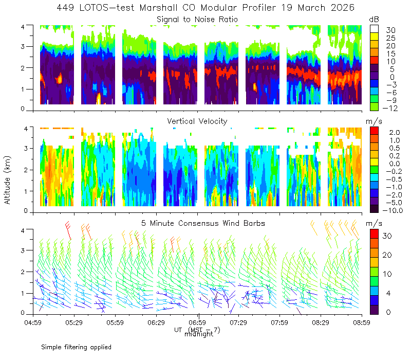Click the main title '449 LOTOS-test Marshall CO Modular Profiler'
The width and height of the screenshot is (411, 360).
(166, 8)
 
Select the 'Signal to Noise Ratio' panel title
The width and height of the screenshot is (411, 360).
(197, 20)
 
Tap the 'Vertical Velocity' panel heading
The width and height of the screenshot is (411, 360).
(197, 121)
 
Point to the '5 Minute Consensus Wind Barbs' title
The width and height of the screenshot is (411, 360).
(203, 223)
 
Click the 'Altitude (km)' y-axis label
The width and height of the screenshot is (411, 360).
(7, 180)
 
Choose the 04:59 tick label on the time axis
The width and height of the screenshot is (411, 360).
(33, 322)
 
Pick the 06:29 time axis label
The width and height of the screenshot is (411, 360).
(156, 322)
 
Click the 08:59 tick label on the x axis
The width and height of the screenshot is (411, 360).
(362, 322)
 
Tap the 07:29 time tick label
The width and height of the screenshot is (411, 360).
(238, 322)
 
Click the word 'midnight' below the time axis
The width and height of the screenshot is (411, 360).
(199, 334)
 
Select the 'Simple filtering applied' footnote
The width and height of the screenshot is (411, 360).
(76, 347)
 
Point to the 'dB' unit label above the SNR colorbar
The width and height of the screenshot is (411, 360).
(374, 20)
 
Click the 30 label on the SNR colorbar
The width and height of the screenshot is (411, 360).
(390, 30)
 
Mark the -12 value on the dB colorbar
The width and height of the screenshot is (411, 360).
(390, 108)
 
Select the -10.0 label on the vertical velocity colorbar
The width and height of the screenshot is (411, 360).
(393, 210)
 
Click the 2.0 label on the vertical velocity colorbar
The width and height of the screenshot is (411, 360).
(395, 132)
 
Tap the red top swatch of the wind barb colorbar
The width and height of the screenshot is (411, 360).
(374, 233)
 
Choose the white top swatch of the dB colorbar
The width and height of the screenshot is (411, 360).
(374, 29)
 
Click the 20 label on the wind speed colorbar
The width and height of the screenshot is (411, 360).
(387, 255)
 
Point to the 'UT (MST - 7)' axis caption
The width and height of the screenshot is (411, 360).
(197, 330)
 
